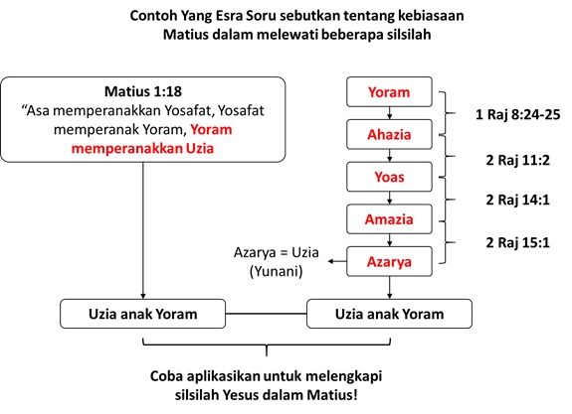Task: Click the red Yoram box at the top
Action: pos(389,91)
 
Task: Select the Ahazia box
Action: pos(389,134)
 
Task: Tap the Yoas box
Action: pos(389,177)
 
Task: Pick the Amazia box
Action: pos(389,219)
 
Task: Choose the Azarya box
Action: pos(389,261)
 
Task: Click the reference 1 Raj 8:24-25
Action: pos(517,115)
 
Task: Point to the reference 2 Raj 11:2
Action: pos(517,160)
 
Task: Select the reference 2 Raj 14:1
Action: pos(517,200)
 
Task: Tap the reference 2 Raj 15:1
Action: pos(517,242)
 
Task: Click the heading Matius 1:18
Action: pos(143,91)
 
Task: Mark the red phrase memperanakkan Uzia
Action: pos(142,149)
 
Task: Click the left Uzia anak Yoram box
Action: pos(142,314)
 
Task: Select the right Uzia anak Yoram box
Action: pos(389,314)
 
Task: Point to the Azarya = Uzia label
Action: pos(277,252)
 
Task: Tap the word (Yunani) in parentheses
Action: pos(277,271)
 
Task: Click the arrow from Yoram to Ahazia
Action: pos(390,113)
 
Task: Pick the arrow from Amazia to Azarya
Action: pos(390,240)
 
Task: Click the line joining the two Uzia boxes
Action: pos(266,314)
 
